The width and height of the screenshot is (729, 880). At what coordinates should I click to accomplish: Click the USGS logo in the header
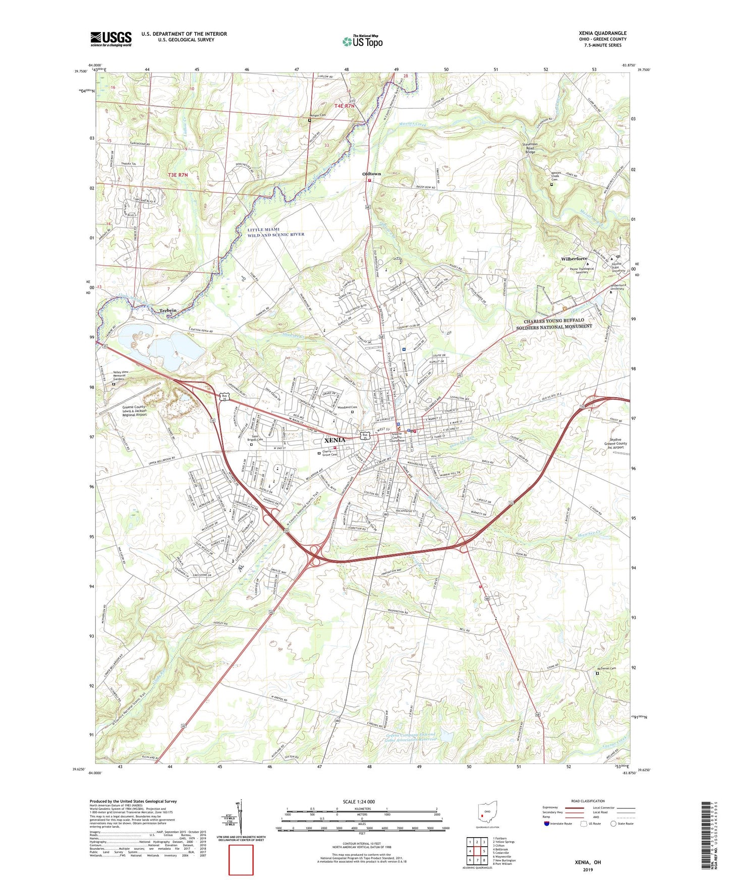point(111,39)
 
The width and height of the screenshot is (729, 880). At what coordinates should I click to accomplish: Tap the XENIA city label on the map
point(334,440)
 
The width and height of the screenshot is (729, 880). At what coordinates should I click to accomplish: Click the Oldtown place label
point(372,174)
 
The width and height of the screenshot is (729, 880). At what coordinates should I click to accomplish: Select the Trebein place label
point(168,310)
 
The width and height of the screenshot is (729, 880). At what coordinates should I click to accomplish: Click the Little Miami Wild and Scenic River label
point(275,232)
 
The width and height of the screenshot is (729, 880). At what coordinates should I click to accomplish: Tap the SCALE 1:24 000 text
point(359,802)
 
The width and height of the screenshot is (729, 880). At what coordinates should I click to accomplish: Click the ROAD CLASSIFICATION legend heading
point(588,801)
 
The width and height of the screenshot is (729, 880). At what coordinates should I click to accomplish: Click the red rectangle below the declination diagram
point(241,860)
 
